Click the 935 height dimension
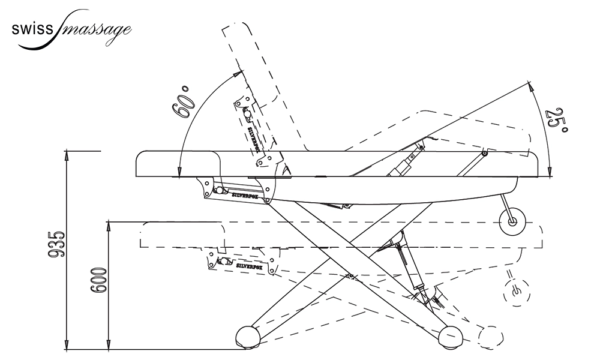coord(55,244)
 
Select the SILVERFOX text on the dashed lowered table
coord(251,265)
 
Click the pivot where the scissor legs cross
coord(349,275)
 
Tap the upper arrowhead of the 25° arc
coord(531,86)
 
